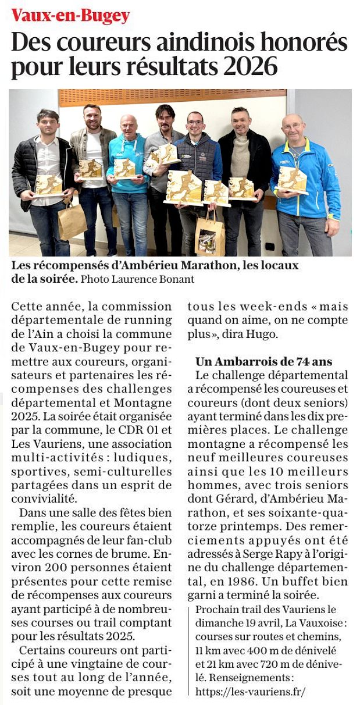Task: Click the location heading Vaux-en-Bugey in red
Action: (x=70, y=16)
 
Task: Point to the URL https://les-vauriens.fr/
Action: (x=250, y=692)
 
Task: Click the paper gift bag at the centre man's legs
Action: (x=209, y=234)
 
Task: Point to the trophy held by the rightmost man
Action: (x=292, y=180)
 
